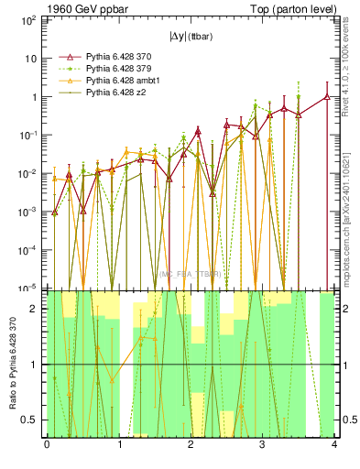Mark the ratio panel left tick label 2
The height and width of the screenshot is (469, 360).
35,310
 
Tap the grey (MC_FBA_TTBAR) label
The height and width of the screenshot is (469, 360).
190,275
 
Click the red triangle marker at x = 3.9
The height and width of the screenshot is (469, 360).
327,96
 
